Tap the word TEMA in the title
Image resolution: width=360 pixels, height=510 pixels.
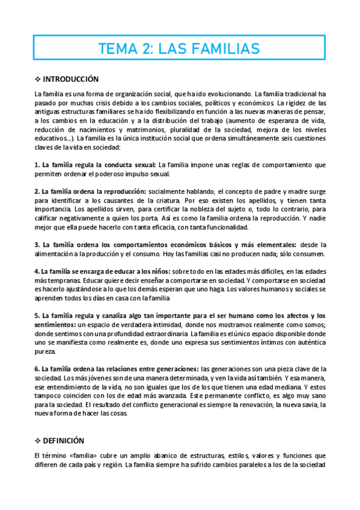(118, 48)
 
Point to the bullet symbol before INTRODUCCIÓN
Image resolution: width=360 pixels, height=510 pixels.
(38, 79)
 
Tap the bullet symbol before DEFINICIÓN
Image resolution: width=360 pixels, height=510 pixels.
(38, 440)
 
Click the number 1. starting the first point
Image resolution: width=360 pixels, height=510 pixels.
(37, 164)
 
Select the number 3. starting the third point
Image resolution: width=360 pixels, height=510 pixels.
(37, 245)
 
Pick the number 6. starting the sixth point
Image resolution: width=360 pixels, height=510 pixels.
(37, 369)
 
